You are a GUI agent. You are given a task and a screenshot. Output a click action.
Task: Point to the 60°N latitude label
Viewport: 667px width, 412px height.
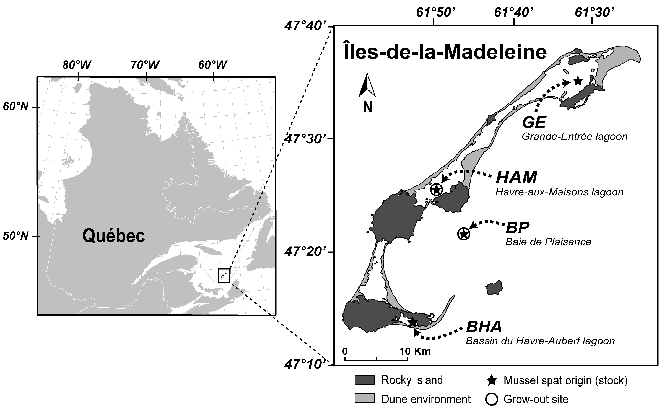[x=16, y=107]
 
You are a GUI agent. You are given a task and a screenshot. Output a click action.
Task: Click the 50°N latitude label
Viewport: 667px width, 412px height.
[x=16, y=236]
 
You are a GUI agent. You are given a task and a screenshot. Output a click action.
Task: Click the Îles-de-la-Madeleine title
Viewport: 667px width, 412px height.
[x=445, y=52]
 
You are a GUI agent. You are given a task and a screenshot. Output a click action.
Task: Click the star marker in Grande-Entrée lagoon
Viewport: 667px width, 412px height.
[x=578, y=81]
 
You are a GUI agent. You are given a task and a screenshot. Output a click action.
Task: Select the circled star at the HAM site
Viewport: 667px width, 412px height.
[x=437, y=189]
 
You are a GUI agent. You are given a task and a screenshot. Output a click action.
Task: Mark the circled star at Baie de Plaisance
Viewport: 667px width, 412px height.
[x=464, y=234]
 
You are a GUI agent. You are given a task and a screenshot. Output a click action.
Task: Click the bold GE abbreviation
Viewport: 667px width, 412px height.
[x=534, y=122]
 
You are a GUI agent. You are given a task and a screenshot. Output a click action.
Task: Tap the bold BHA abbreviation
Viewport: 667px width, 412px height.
[x=484, y=327]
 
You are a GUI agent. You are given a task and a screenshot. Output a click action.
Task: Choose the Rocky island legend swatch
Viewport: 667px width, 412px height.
[x=365, y=380]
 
